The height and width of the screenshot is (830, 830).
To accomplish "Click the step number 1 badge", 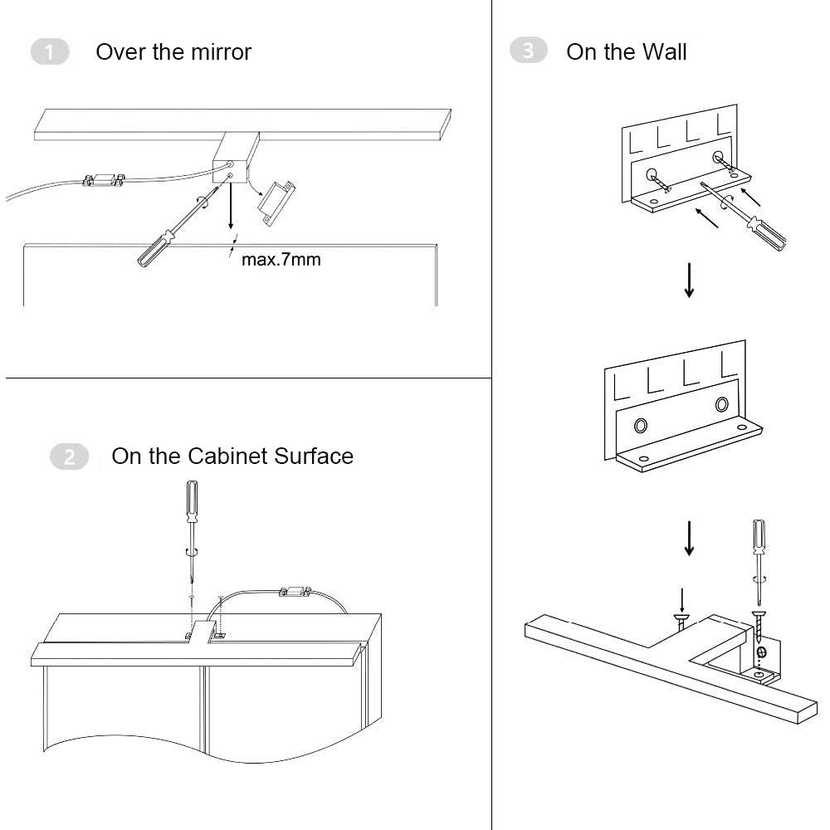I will click(x=50, y=52).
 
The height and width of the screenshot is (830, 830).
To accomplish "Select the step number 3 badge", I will click(x=529, y=51).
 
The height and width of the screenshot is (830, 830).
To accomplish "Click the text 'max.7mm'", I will click(x=281, y=260).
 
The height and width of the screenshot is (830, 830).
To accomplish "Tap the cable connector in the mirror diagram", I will click(x=103, y=178).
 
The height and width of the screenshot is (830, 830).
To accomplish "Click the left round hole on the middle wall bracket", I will click(x=641, y=426).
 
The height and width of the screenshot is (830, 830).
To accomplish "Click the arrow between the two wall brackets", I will click(x=688, y=281).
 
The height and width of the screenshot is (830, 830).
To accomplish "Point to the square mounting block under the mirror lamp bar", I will click(x=230, y=161).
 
